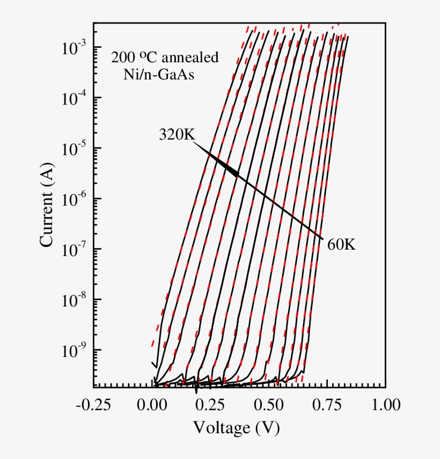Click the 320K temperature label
[177, 135]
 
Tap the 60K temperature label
[341, 245]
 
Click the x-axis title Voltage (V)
[237, 428]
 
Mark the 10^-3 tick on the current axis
[74, 47]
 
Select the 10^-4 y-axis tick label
[74, 98]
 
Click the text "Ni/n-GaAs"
[159, 75]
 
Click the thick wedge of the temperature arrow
[225, 166]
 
